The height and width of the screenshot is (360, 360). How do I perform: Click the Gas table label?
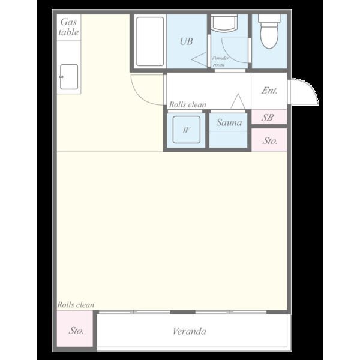pyautogui.click(x=68, y=27)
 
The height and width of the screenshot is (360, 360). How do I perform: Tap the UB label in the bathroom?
pyautogui.click(x=186, y=41)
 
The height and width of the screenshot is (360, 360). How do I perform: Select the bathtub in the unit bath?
pyautogui.click(x=150, y=41)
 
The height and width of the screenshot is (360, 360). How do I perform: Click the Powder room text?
pyautogui.click(x=220, y=61)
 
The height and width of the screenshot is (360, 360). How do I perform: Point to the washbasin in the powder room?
pyautogui.click(x=224, y=23)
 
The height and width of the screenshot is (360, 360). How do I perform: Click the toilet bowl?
pyautogui.click(x=269, y=32)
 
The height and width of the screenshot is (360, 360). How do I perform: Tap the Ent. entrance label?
pyautogui.click(x=269, y=91)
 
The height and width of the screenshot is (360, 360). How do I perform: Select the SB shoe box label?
pyautogui.click(x=268, y=118)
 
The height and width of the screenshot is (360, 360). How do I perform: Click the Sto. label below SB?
pyautogui.click(x=270, y=141)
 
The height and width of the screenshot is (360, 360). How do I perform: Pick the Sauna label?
pyautogui.click(x=229, y=122)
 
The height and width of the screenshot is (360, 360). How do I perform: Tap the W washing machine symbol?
pyautogui.click(x=187, y=130)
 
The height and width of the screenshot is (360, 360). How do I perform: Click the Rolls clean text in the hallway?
pyautogui.click(x=188, y=104)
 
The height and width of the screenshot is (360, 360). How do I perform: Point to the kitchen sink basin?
pyautogui.click(x=69, y=77)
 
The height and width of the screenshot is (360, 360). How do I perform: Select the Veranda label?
pyautogui.click(x=190, y=331)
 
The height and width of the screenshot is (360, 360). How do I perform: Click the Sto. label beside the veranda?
pyautogui.click(x=76, y=331)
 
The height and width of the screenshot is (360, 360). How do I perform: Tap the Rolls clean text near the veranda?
pyautogui.click(x=76, y=305)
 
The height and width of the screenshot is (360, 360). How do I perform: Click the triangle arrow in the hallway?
pyautogui.click(x=238, y=101)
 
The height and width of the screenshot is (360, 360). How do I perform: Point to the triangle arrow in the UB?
pyautogui.click(x=199, y=59)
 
